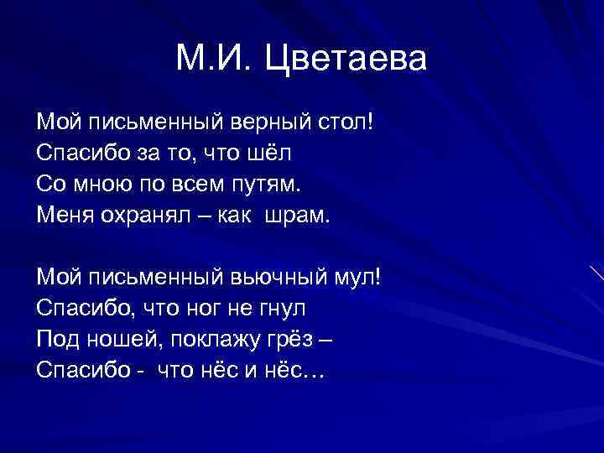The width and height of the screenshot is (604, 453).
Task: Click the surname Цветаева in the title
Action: click(x=346, y=59)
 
